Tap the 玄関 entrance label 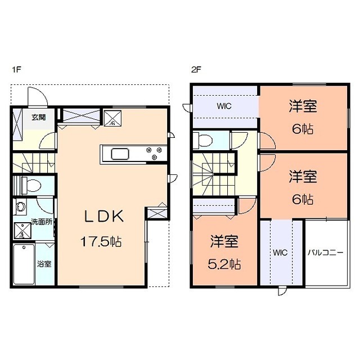(39, 117)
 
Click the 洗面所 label (42, 222)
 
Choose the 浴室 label (44, 263)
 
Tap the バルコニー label (325, 253)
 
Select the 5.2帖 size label (224, 263)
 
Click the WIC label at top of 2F (224, 106)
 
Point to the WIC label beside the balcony (281, 253)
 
